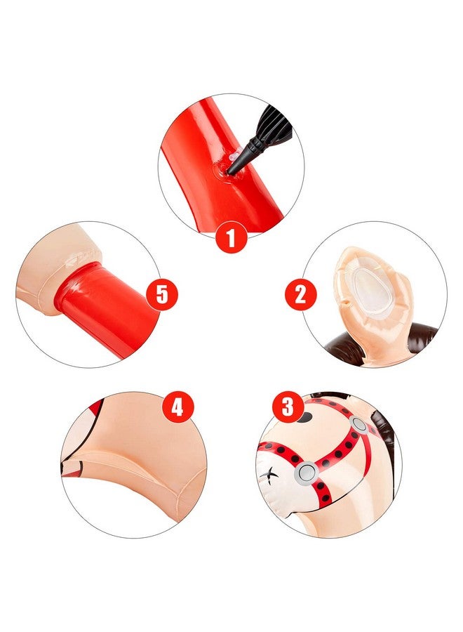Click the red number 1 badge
tap(232, 239)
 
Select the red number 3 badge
tap(287, 407)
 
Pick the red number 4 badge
tap(178, 407)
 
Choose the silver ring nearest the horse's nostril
tap(307, 473)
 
